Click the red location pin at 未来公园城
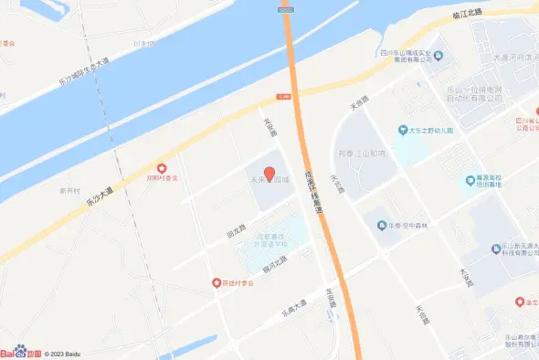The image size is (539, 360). click(269, 173)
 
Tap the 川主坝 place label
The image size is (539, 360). click(143, 43)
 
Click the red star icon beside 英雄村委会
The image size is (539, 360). click(217, 284)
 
